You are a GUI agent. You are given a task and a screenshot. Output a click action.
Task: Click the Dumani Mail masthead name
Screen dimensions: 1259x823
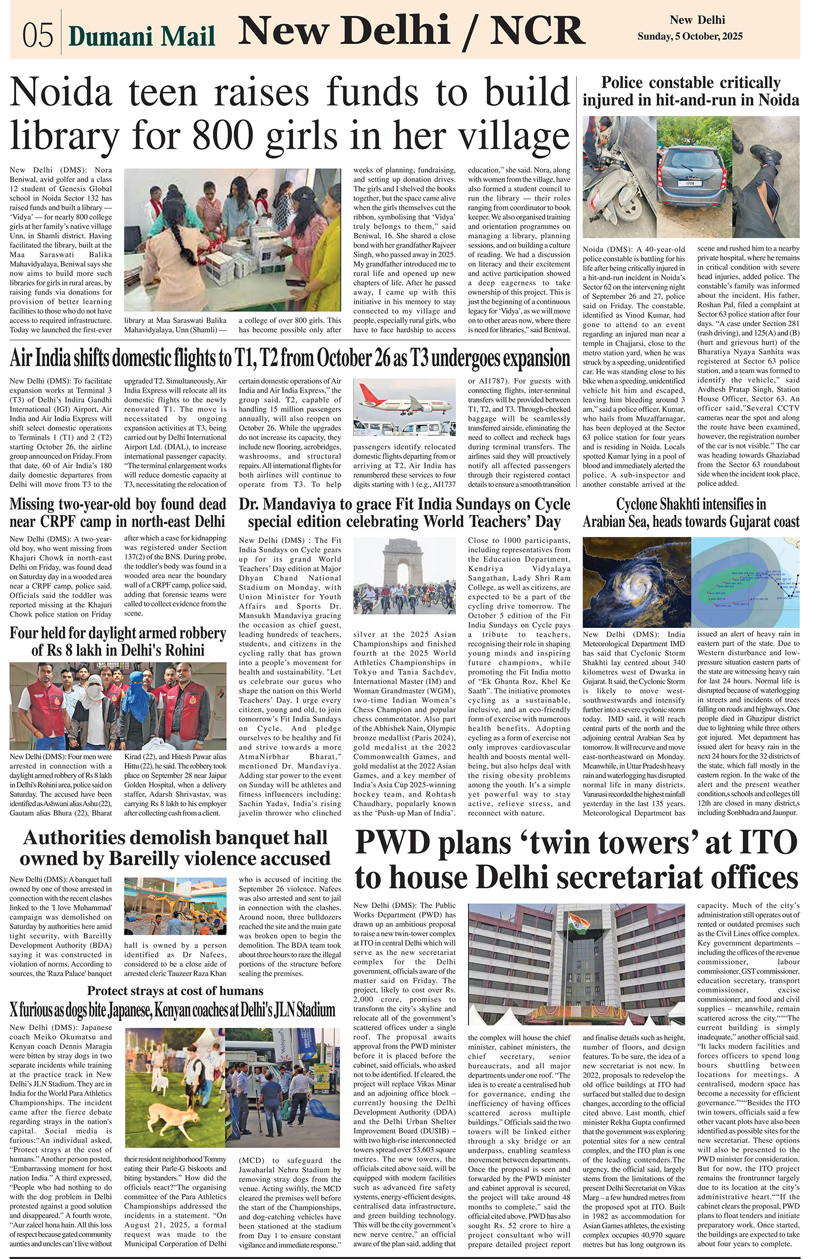pyautogui.click(x=142, y=36)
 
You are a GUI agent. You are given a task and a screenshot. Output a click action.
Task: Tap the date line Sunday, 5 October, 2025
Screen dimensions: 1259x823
pyautogui.click(x=689, y=36)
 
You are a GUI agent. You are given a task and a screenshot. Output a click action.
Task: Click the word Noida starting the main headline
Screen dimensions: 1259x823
pyautogui.click(x=61, y=92)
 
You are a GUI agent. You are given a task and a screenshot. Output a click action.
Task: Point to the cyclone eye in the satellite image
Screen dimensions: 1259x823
pyautogui.click(x=634, y=582)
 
